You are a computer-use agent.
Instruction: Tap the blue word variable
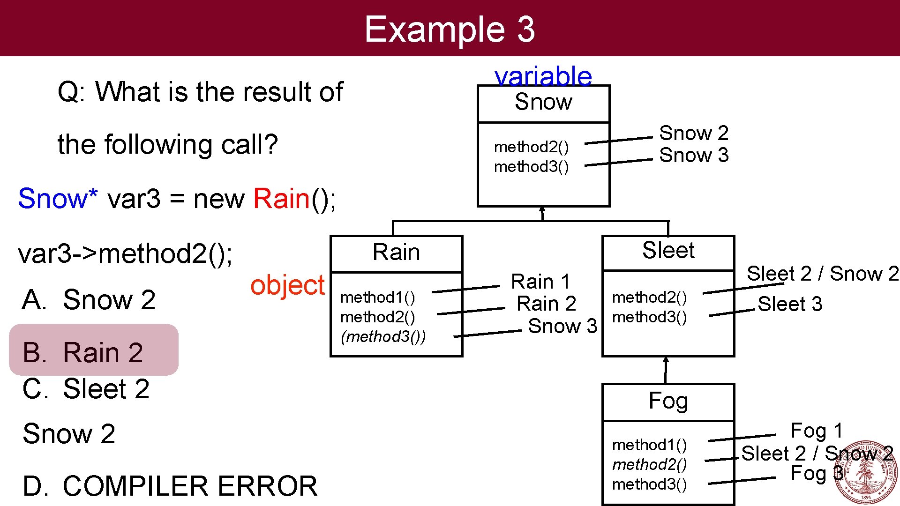543,76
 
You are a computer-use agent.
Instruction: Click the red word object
287,285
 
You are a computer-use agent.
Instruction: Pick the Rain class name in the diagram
396,253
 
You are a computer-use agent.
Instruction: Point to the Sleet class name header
668,251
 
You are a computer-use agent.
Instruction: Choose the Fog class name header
668,401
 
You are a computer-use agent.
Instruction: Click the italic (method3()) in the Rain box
383,337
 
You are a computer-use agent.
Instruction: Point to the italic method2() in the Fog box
649,464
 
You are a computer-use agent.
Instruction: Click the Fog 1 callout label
816,431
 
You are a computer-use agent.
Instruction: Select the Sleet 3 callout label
790,304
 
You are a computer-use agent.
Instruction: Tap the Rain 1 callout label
540,282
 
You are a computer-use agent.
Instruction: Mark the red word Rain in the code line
281,199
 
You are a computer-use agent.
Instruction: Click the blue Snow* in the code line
58,199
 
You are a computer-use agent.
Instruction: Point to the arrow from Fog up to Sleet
666,370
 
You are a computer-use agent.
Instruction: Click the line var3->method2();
125,254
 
